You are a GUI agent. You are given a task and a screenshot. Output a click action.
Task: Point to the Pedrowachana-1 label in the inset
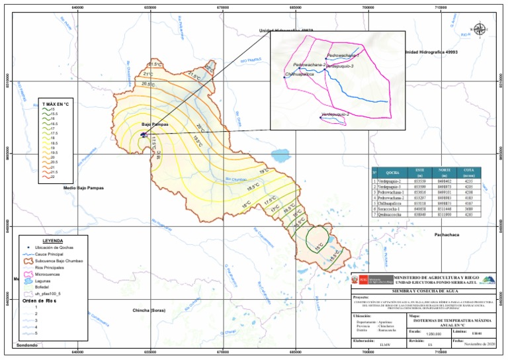343,56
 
